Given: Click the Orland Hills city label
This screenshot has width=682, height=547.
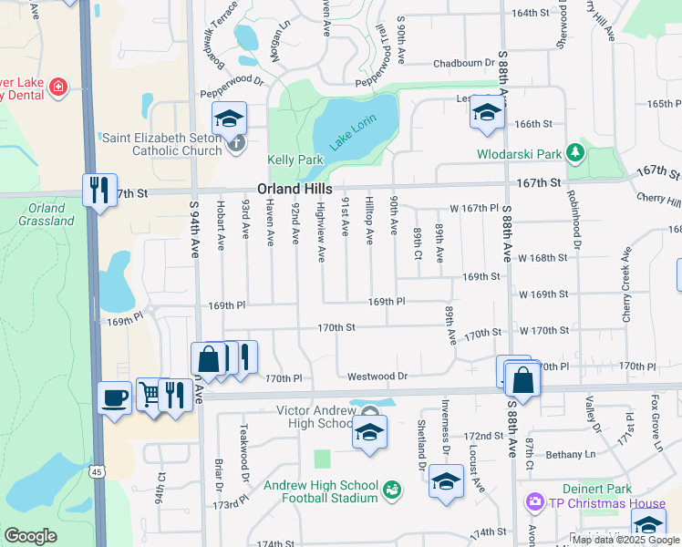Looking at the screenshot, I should [x=294, y=188].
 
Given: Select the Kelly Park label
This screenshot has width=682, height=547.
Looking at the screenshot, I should [x=295, y=160].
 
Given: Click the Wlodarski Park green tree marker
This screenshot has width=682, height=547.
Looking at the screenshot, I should [x=574, y=150].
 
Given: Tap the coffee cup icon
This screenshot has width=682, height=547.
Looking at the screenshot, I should [x=115, y=398].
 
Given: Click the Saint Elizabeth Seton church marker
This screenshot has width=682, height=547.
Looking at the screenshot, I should [x=236, y=141].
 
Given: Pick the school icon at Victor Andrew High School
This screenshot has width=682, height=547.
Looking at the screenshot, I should [x=371, y=431].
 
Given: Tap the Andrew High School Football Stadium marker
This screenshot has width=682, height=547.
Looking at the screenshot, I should [x=392, y=491].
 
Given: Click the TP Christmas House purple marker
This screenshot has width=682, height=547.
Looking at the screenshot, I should [x=534, y=502].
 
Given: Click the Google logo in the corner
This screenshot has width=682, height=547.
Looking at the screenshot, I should [x=30, y=536].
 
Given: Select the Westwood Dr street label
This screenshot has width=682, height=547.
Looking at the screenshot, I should [x=377, y=376].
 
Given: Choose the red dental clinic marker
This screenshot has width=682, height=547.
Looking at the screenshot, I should [x=57, y=88].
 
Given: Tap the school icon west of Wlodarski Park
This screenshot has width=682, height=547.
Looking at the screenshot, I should [x=487, y=114].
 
